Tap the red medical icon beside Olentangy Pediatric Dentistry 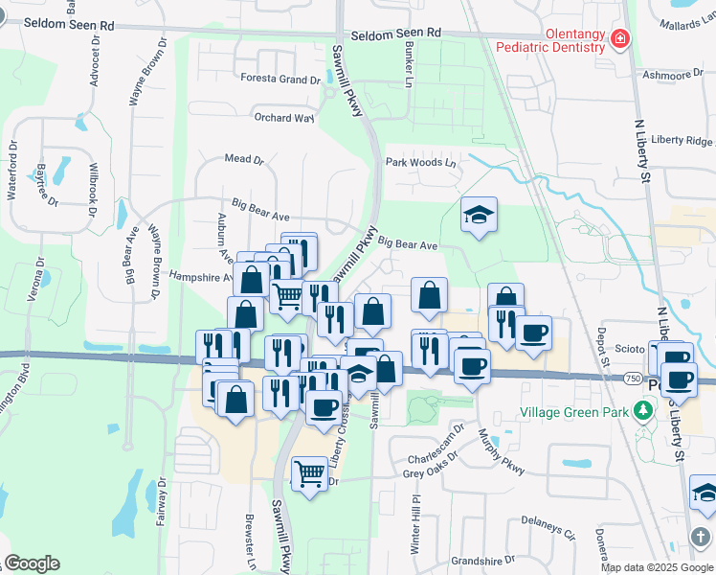click(x=621, y=38)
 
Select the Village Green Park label click(x=575, y=413)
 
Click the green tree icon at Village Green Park click(x=645, y=412)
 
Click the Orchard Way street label click(x=283, y=118)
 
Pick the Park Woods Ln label click(x=421, y=163)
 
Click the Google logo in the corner click(x=32, y=563)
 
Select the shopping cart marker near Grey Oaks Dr click(x=310, y=472)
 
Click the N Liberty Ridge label click(x=682, y=140)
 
